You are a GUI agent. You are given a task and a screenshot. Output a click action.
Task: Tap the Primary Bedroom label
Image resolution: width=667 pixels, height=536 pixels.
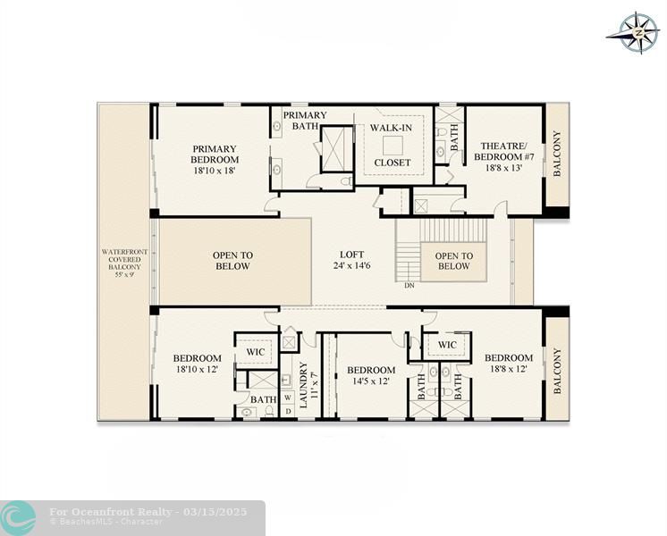pos(215,160)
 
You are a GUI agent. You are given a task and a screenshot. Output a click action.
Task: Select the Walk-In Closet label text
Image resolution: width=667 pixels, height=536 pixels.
pos(392,145)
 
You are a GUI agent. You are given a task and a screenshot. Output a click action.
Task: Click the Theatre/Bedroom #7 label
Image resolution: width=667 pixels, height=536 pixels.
pos(503,156)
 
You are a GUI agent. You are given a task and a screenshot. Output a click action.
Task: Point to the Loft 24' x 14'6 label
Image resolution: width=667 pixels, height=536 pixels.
pos(351,260)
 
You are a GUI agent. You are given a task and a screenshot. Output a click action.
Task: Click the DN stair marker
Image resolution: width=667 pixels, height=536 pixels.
pos(409,286)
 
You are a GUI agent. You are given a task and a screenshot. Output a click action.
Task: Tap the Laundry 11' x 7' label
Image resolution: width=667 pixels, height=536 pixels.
pos(308,385)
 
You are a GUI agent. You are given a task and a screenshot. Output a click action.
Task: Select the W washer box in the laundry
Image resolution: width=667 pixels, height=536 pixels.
pos(288,398)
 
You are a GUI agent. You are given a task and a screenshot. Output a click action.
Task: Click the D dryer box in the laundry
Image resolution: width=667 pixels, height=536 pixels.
pos(288,411)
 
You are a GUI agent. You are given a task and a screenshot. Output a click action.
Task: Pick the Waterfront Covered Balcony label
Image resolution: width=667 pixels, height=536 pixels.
pos(124,264)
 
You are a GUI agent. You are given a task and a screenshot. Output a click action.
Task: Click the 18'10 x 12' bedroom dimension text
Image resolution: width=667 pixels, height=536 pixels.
pos(197,369)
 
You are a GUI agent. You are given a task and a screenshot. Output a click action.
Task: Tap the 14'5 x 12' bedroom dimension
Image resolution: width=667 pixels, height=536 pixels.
pos(371,381)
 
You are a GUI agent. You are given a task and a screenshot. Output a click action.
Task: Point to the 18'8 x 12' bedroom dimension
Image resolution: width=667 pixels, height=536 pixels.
pos(509,369)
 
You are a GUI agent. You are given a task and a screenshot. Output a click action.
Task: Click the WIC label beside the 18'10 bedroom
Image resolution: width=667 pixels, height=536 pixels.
pos(255,352)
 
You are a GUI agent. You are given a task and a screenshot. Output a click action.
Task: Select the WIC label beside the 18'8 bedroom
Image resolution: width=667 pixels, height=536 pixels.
pos(447,345)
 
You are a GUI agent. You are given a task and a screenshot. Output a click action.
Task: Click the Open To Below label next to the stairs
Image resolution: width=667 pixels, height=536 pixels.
pos(454,261)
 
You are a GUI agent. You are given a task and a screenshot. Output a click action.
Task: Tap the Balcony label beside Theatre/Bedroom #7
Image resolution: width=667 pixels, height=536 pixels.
pos(557,154)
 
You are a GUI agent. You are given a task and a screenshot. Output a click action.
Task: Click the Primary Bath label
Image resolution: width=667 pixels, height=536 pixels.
pos(305,121)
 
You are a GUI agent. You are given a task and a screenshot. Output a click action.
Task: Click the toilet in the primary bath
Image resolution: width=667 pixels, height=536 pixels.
pos(347,181)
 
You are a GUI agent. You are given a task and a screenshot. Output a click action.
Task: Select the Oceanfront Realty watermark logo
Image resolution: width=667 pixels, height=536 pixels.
pos(18,518)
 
